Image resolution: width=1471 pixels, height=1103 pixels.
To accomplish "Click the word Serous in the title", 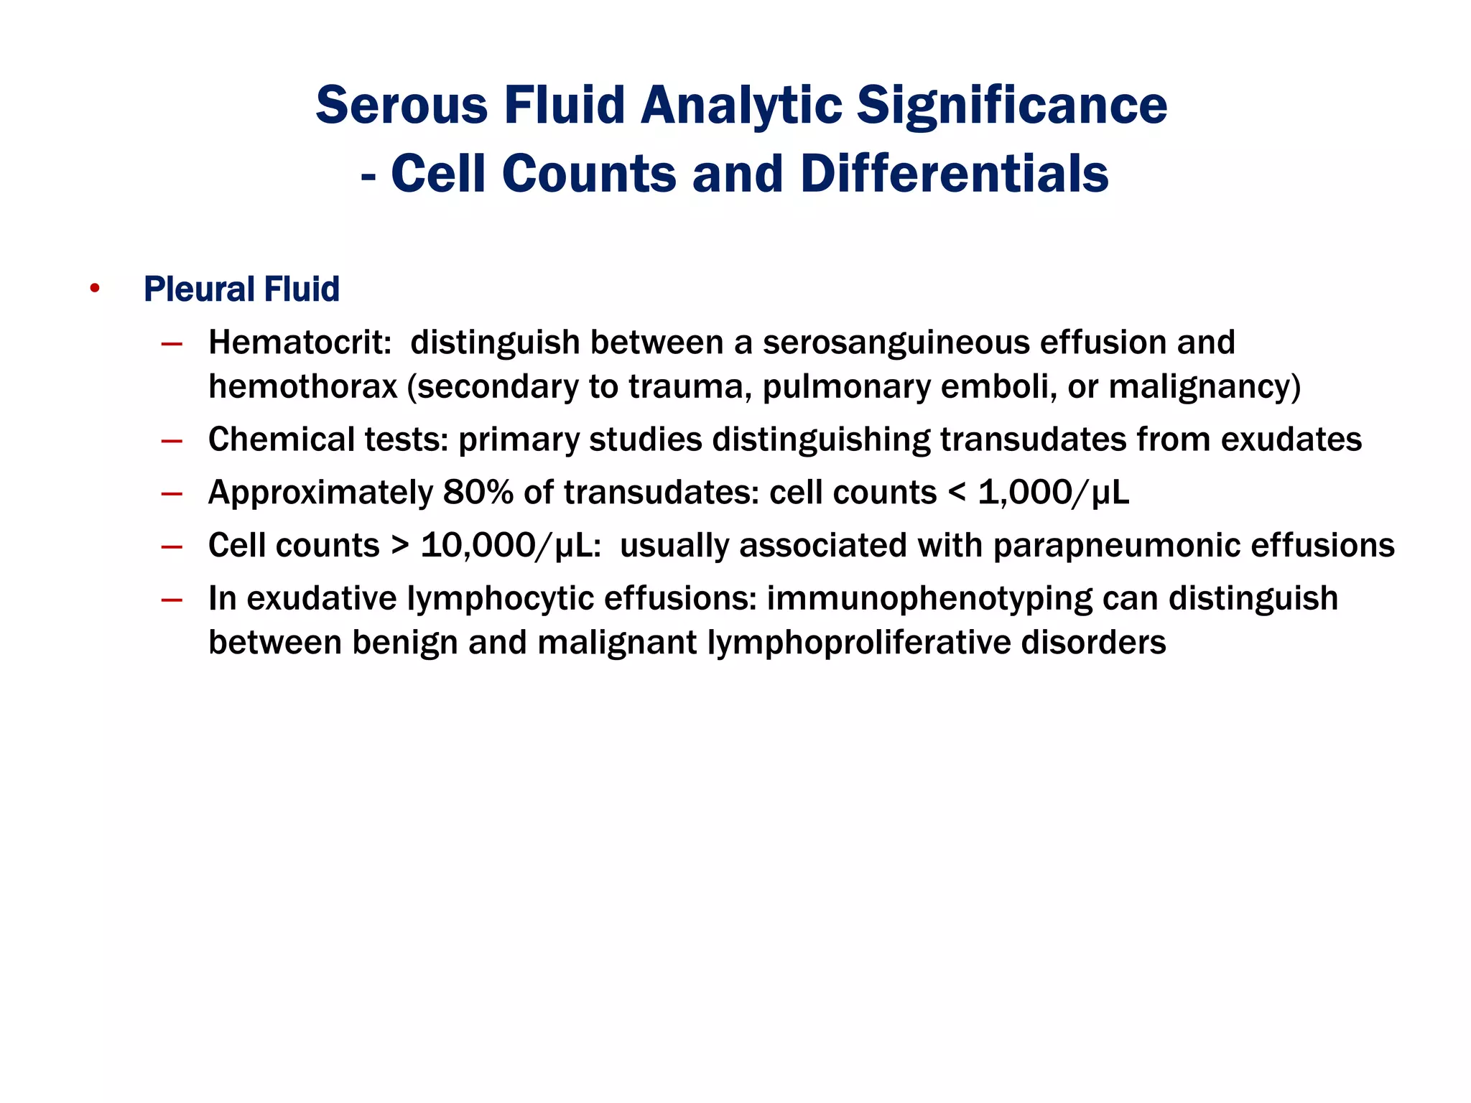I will tap(402, 106).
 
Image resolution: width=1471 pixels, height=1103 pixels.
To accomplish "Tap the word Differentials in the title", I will tap(954, 174).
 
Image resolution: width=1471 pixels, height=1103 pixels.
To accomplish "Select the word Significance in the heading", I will tap(1012, 106).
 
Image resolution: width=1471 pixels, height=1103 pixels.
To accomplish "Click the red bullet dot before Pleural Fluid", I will tap(95, 289).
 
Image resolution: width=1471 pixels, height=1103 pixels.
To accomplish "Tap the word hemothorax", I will tap(302, 386).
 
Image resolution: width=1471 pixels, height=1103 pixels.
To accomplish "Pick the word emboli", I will tap(998, 386).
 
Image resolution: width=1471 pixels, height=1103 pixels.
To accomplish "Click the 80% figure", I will tap(478, 493).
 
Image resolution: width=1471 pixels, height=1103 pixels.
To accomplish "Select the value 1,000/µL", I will tap(1054, 493).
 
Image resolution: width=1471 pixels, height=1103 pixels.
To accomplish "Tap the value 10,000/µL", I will tap(508, 546).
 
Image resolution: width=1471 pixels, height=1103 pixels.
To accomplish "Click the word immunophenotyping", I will tap(929, 599).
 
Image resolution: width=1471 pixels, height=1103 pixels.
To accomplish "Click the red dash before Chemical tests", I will tap(172, 441).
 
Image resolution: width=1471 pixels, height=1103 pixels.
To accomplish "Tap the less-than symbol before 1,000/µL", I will tap(957, 493).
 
